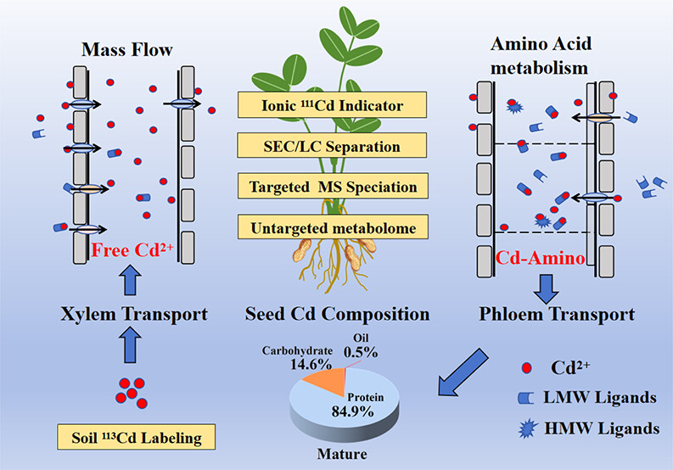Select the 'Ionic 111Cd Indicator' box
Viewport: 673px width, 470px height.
pyautogui.click(x=333, y=106)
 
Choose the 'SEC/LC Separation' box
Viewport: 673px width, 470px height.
pyautogui.click(x=333, y=146)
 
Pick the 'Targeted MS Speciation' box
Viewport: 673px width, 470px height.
pyautogui.click(x=333, y=187)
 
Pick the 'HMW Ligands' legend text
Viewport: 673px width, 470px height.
pyautogui.click(x=617, y=428)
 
